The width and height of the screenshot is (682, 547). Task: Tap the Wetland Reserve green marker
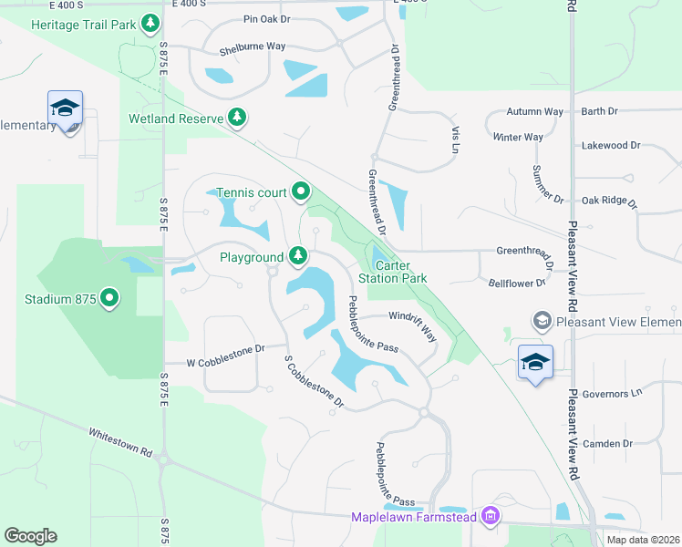237,118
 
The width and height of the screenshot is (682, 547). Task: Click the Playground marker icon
297,257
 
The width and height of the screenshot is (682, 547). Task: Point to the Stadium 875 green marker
109,298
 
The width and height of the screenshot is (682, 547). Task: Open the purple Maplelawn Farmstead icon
491,517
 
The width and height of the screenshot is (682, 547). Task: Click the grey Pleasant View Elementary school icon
542,321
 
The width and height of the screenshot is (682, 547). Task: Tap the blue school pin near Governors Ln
535,363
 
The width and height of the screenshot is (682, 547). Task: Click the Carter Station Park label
392,272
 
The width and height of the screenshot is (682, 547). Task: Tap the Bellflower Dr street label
516,284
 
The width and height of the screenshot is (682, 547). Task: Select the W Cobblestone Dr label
226,348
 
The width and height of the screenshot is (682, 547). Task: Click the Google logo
31,535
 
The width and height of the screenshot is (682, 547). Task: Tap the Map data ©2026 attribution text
642,540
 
